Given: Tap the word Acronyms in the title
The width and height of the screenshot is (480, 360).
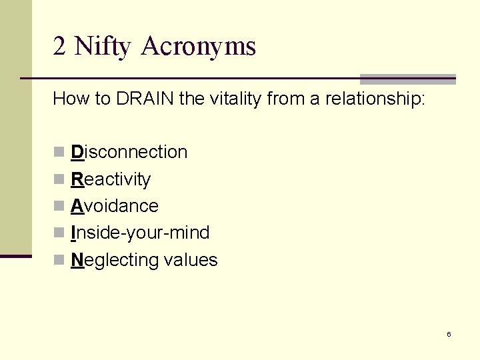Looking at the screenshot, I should coord(198,47).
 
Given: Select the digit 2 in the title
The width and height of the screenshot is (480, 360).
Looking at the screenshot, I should coord(59,47).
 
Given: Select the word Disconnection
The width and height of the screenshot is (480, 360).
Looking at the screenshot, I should coord(129,152).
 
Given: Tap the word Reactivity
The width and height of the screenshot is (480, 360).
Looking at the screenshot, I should coord(111,179).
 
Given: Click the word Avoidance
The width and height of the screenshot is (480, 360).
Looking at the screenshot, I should coord(115,206).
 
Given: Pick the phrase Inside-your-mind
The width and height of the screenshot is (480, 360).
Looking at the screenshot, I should coord(140,233).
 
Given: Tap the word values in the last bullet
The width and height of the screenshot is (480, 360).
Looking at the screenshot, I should coord(193,260).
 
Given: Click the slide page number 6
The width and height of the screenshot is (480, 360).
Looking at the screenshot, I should coord(449,334).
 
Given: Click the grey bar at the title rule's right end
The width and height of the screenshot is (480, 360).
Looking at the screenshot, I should coord(407,79).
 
